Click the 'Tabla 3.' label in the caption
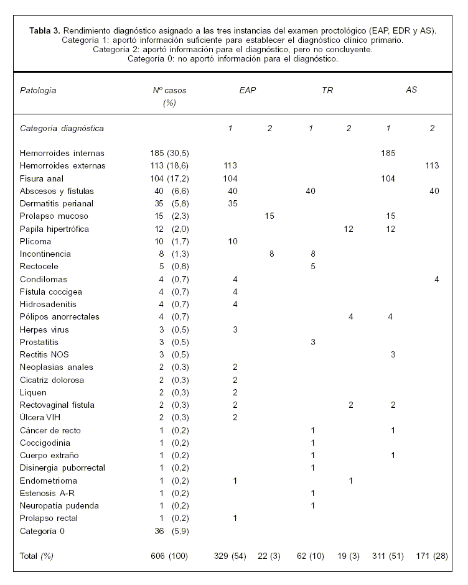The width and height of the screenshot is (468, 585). pos(45,30)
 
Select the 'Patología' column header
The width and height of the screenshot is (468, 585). pos(38,90)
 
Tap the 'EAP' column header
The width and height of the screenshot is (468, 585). pos(248,90)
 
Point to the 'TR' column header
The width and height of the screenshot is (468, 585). pos(327,90)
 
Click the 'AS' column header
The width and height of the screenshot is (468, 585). pos(411,90)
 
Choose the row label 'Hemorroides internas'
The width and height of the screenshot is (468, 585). pos(62,153)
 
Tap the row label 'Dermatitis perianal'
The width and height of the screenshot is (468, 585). pos(56,203)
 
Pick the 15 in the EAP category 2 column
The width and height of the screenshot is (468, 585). pos(269,216)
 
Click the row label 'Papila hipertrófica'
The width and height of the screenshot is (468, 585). pos(54,229)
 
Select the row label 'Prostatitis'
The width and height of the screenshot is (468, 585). pos(39,342)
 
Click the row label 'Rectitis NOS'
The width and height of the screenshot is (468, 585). pos(43,355)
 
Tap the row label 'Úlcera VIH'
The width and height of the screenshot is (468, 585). pos(41,418)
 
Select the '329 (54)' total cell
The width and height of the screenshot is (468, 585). pos(231,556)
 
